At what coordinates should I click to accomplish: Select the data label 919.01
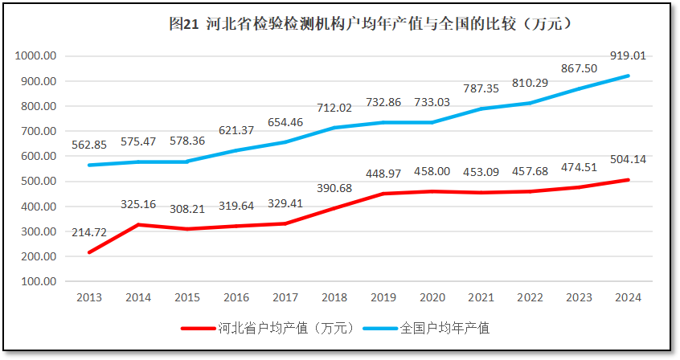pyautogui.click(x=629, y=56)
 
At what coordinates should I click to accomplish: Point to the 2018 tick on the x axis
pyautogui.click(x=334, y=298)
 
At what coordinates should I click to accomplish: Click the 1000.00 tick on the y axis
pyautogui.click(x=35, y=56)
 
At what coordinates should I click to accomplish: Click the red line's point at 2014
pyautogui.click(x=138, y=225)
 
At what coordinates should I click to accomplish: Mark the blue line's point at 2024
pyautogui.click(x=629, y=76)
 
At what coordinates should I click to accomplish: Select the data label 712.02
pyautogui.click(x=334, y=108)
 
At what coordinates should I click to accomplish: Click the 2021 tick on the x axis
pyautogui.click(x=481, y=298)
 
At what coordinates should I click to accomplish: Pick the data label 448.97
pyautogui.click(x=383, y=174)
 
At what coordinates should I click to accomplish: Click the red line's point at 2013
pyautogui.click(x=89, y=252)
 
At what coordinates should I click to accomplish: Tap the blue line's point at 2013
pyautogui.click(x=89, y=165)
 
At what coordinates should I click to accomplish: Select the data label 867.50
pyautogui.click(x=580, y=68)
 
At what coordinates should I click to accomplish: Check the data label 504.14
pyautogui.click(x=629, y=159)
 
